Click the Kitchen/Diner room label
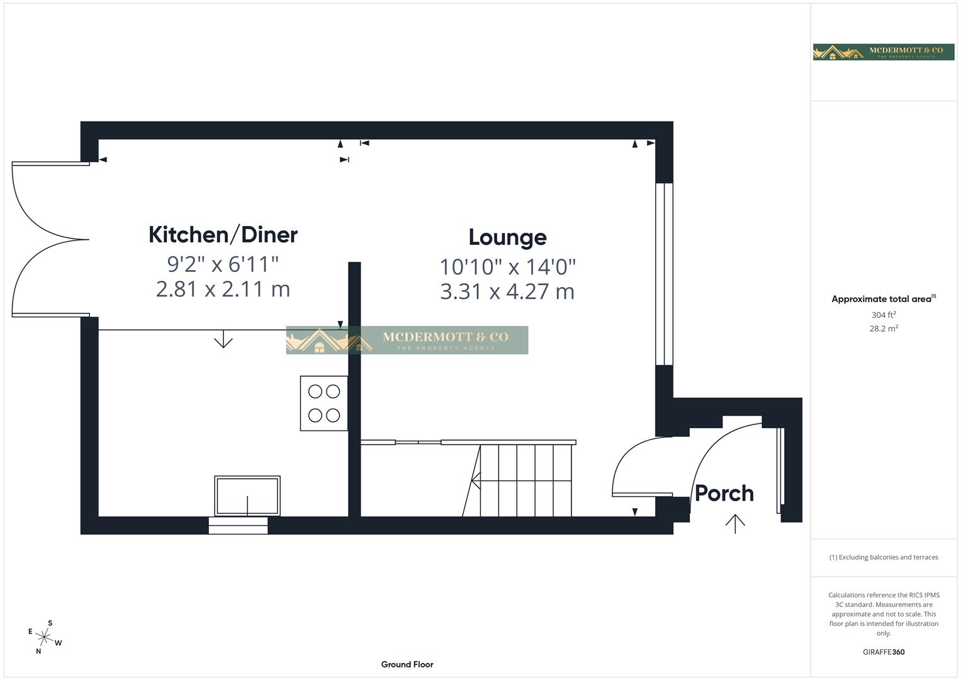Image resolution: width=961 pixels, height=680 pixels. point(223,235)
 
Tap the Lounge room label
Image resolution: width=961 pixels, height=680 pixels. point(507,237)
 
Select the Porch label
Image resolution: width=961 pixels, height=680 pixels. point(724,494)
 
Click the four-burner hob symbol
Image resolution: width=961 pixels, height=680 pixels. point(324,404)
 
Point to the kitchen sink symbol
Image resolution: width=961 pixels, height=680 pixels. point(247,496)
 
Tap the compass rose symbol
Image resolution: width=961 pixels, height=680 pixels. point(44,637)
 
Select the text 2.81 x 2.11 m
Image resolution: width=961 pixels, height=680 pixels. point(223,290)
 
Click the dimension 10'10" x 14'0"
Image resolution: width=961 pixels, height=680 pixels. point(507,267)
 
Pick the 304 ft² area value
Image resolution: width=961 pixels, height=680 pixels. point(884,315)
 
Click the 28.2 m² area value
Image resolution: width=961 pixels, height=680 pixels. point(884,329)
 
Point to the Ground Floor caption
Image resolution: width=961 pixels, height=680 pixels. point(407,664)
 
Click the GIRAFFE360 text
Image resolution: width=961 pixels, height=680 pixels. point(884,652)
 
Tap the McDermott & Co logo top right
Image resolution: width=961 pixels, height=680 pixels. point(884,52)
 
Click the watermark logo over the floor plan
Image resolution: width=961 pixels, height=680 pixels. point(407,340)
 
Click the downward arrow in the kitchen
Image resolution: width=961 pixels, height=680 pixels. point(223,340)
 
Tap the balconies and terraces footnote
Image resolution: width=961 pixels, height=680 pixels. point(884,557)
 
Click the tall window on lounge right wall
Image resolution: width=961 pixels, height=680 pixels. point(664,274)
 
